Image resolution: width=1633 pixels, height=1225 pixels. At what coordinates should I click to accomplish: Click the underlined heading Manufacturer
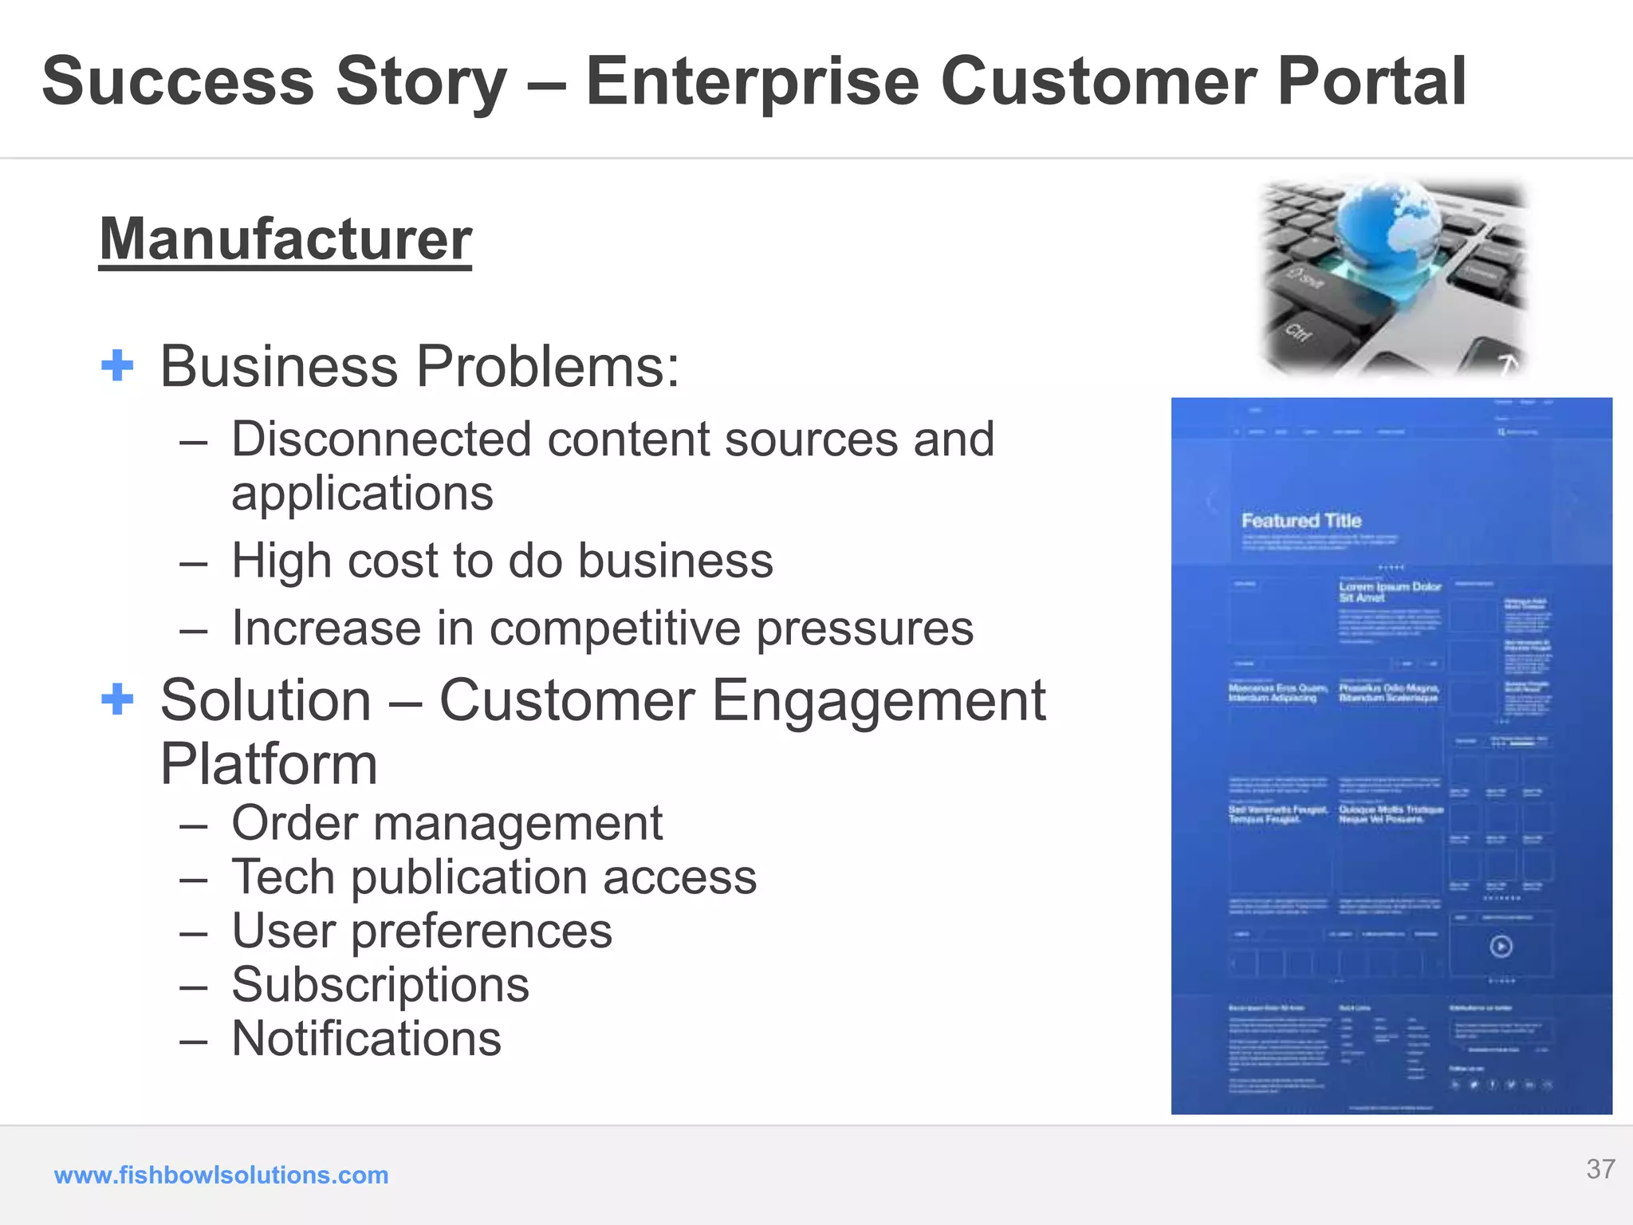(x=285, y=239)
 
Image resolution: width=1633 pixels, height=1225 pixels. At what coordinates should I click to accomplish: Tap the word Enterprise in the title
(x=753, y=81)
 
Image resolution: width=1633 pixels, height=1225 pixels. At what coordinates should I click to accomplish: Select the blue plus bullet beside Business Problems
(x=117, y=365)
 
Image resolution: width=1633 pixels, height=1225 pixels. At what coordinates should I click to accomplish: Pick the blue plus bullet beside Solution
(x=117, y=699)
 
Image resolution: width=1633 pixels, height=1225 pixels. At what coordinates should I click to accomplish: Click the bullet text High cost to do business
(x=502, y=561)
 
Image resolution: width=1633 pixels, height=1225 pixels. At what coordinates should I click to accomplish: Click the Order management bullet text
(x=447, y=823)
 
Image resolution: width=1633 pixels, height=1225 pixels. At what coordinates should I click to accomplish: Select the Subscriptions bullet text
(x=380, y=985)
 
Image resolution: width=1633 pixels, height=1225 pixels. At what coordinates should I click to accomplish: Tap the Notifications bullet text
(x=366, y=1038)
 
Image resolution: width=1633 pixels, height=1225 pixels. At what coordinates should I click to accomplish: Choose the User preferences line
(x=422, y=931)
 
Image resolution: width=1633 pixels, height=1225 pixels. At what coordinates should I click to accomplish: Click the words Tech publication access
(x=494, y=877)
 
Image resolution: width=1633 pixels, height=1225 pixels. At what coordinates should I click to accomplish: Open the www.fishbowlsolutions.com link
(x=221, y=1175)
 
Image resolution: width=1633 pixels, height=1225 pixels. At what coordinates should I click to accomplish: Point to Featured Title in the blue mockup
(x=1301, y=521)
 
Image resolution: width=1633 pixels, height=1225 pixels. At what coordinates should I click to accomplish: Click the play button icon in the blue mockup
(x=1501, y=947)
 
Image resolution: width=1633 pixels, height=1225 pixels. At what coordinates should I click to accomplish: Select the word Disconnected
(x=381, y=439)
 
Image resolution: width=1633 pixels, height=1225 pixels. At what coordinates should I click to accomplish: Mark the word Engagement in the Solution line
(x=878, y=700)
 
